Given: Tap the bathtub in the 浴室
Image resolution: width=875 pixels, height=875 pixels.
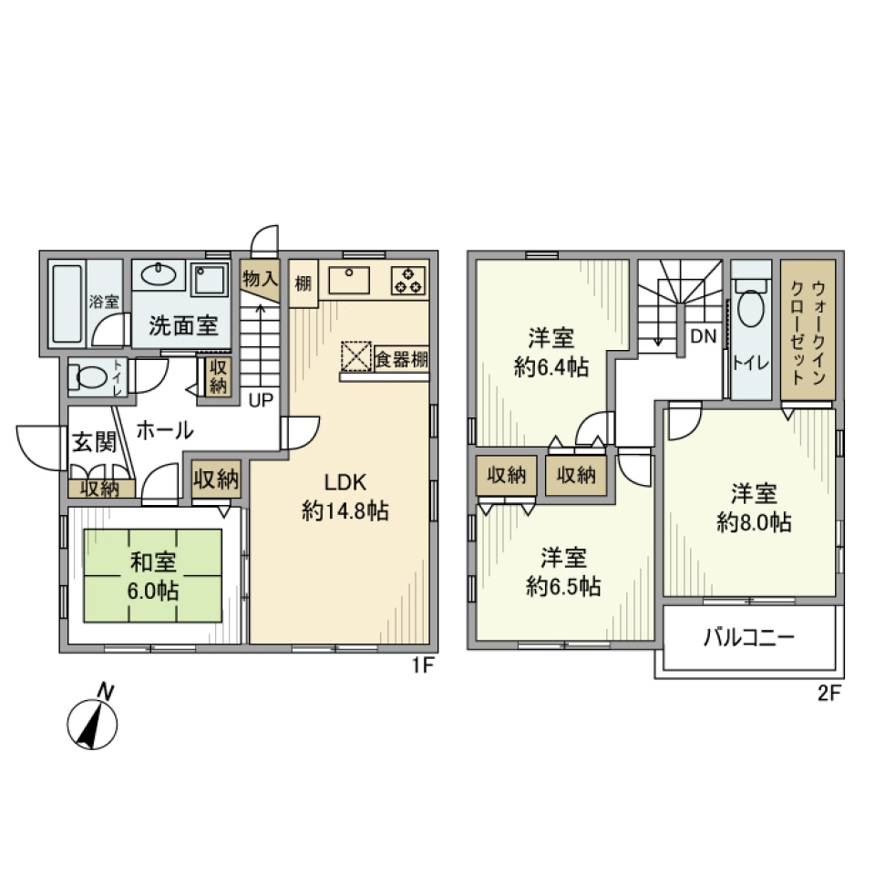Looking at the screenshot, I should coord(65,305).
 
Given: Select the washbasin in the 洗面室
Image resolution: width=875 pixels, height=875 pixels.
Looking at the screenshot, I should coord(160,275).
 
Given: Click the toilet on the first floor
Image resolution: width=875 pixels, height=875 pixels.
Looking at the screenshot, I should coord(87,376).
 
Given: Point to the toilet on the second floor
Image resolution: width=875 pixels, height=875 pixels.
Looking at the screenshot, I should coord(751,311).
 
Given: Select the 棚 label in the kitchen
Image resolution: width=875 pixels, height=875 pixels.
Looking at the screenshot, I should coord(303,283).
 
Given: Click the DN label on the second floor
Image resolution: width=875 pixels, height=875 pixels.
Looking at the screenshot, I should coord(703,336).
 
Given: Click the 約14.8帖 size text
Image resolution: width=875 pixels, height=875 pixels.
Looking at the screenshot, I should coord(345,511).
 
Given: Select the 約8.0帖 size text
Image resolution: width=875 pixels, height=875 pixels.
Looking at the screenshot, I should coord(753,523).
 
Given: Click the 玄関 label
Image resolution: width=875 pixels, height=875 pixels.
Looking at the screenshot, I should coord(94,443).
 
